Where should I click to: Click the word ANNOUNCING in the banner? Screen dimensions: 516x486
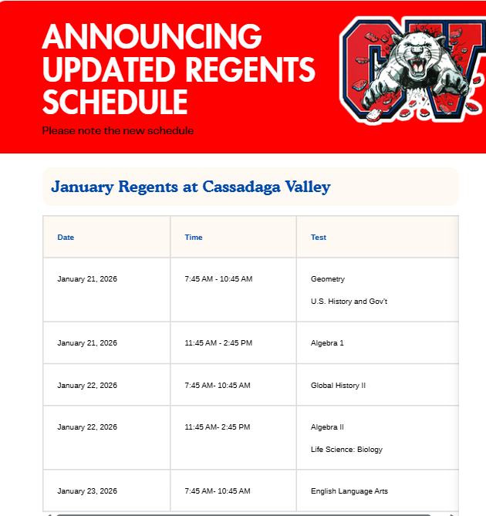(x=152, y=36)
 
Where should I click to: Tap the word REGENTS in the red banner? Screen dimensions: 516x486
(x=254, y=69)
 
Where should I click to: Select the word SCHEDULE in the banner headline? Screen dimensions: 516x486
(x=115, y=102)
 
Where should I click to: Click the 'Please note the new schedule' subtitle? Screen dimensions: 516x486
(x=118, y=131)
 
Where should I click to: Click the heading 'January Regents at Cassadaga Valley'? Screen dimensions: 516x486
(x=191, y=187)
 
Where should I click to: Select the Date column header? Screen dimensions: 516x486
(x=66, y=238)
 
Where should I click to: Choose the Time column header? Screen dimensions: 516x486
(x=194, y=238)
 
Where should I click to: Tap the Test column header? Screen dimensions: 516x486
(x=319, y=238)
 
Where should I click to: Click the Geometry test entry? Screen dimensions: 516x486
(x=328, y=279)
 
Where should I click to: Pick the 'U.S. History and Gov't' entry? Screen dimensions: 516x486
(x=349, y=302)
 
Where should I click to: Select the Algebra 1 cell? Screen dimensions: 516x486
(x=327, y=343)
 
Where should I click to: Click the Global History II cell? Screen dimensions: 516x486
(x=338, y=386)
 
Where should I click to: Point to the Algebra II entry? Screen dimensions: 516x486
(x=327, y=427)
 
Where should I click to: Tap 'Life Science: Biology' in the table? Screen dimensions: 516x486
(x=346, y=450)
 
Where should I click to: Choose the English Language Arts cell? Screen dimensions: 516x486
(x=349, y=491)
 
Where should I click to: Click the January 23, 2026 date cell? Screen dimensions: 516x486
(x=87, y=491)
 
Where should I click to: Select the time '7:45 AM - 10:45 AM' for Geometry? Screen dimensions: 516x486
(x=218, y=279)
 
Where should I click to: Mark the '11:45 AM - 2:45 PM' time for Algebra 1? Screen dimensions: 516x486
(x=218, y=343)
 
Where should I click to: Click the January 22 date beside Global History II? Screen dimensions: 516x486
(x=87, y=386)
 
